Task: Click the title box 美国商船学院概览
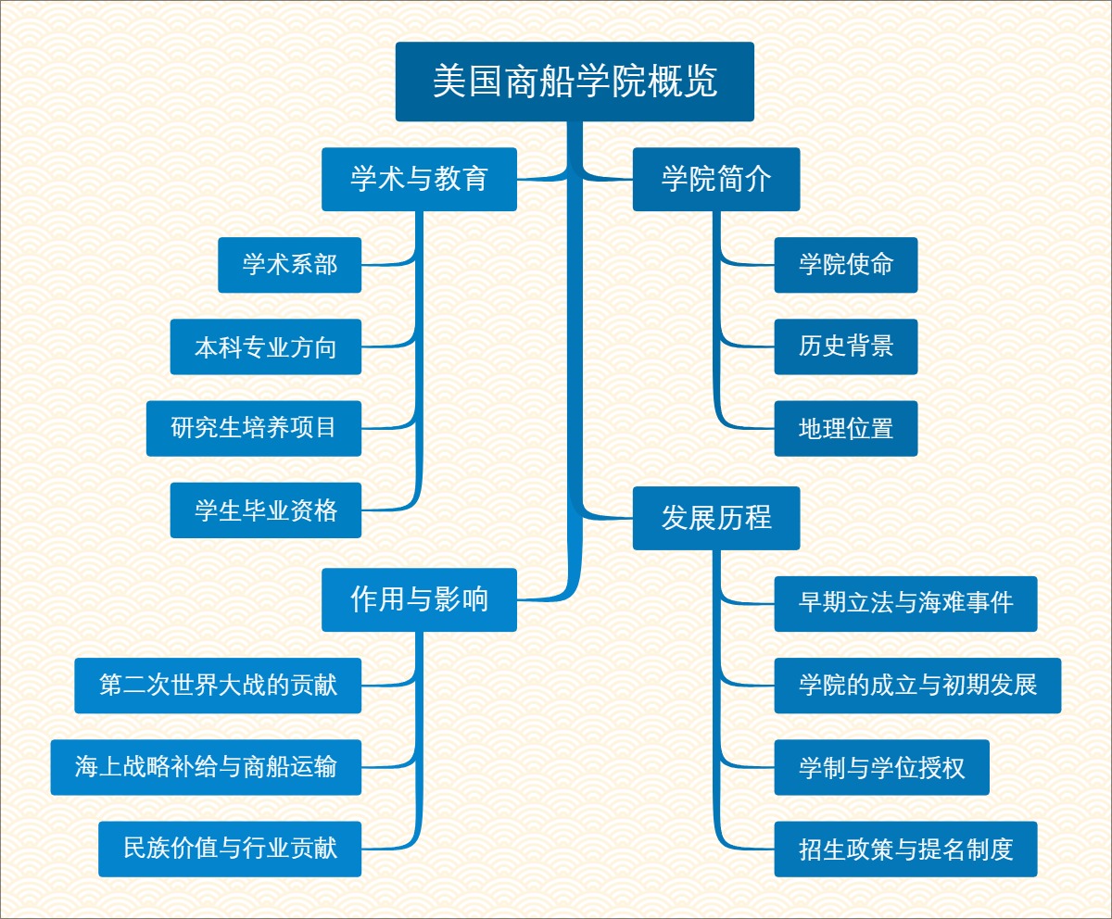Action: [x=575, y=82]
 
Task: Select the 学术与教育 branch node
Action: [x=419, y=179]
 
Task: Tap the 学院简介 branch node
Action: [x=716, y=179]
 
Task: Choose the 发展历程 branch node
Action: [x=716, y=518]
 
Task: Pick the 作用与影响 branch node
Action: [x=419, y=599]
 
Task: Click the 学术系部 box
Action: [x=289, y=265]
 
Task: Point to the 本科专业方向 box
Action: [x=265, y=346]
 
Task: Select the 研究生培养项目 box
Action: [x=253, y=428]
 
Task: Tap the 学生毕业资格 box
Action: [x=265, y=510]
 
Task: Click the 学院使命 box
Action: [x=846, y=265]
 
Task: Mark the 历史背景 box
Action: [x=846, y=346]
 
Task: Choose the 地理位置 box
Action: [x=846, y=428]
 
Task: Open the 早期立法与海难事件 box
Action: [x=905, y=604]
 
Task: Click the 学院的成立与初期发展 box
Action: [x=917, y=686]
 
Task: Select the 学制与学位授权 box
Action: [x=881, y=767]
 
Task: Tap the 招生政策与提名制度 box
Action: [x=905, y=849]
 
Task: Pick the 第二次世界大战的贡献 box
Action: [x=218, y=686]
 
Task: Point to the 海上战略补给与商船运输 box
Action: [x=206, y=767]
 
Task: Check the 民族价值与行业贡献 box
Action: [x=230, y=849]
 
